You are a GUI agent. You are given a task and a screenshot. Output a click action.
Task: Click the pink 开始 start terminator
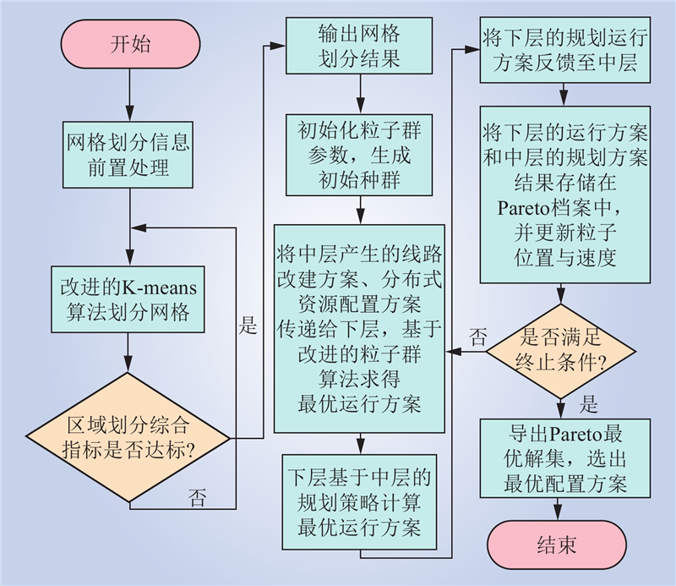[130, 44]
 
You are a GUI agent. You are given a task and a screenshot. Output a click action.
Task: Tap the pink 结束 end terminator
[557, 545]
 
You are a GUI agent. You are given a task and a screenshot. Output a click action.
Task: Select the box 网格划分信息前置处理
[128, 155]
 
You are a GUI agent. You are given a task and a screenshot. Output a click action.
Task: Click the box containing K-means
[128, 299]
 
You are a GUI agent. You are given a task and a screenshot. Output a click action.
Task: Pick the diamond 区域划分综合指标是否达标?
[128, 437]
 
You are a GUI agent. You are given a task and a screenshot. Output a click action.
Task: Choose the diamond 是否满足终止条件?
[560, 351]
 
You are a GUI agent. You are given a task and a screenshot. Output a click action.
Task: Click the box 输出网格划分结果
[359, 46]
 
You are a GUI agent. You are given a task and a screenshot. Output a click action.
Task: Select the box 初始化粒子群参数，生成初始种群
[359, 155]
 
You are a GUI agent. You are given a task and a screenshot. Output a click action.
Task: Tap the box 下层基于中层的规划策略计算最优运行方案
[359, 501]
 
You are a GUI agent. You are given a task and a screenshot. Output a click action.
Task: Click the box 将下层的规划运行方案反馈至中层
[565, 50]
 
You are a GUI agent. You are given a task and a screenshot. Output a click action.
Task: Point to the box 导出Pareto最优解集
[565, 458]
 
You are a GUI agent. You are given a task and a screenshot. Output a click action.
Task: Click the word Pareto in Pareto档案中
[522, 208]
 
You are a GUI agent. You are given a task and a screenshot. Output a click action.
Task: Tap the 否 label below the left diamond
[197, 497]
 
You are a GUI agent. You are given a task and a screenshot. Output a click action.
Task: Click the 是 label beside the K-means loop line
[248, 325]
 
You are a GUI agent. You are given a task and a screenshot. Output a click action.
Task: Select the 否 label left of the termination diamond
[477, 337]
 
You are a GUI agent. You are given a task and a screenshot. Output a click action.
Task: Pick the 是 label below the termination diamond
[588, 404]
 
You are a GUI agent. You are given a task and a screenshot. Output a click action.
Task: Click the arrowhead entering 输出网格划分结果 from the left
[278, 46]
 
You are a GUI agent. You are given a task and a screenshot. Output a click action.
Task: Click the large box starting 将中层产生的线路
[359, 328]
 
